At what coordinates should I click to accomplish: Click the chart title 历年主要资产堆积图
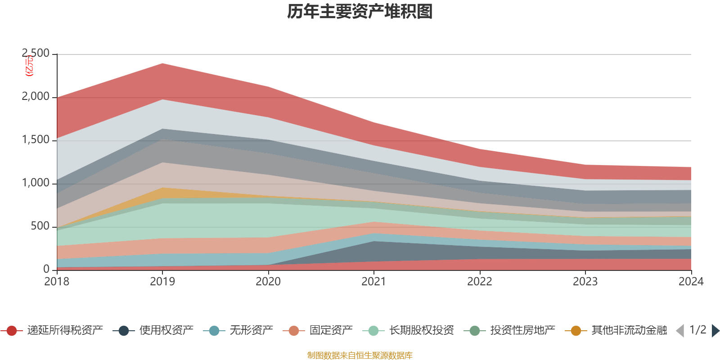(360, 12)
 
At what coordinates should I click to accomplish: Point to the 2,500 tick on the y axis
(36, 54)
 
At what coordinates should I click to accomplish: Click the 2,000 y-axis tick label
(36, 97)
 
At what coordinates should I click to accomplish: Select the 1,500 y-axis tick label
(36, 140)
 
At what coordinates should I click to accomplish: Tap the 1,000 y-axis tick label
(36, 183)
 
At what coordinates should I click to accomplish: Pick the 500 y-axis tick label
(40, 226)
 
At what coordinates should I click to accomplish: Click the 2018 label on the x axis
(57, 282)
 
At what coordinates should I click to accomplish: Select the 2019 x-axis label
(162, 282)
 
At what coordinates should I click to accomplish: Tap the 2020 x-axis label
(268, 282)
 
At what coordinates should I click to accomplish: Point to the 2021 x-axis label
(374, 282)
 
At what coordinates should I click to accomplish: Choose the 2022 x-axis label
(480, 282)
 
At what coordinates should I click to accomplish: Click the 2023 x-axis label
(585, 282)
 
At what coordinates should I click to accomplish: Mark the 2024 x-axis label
(691, 282)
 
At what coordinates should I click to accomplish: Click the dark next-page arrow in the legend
(715, 331)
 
